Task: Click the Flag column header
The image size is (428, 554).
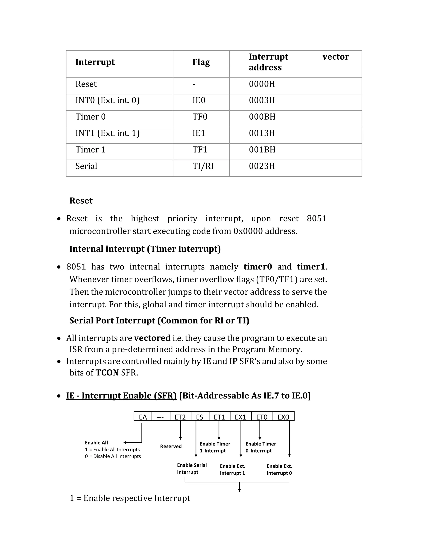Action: [201, 62]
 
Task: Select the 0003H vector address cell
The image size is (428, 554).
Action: [262, 100]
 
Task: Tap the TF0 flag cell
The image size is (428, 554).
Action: [200, 117]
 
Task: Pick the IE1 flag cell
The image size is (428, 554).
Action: [199, 133]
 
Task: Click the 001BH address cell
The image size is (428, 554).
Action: [262, 150]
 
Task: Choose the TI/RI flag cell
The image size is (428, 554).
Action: [203, 166]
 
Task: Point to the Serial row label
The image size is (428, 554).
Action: [86, 166]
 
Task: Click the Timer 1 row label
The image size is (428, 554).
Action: [90, 150]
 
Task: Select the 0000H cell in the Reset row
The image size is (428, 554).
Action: [262, 84]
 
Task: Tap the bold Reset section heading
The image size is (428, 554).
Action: [81, 201]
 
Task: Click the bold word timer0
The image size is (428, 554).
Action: [258, 267]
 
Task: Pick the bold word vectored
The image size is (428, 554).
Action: [152, 338]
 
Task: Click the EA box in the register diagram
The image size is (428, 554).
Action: [143, 417]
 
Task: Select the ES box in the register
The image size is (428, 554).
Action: [200, 417]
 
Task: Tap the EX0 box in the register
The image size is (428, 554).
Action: [283, 417]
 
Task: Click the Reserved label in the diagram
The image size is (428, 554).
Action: [171, 447]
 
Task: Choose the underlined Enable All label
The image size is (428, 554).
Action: [96, 443]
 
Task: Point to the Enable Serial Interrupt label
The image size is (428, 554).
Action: [192, 468]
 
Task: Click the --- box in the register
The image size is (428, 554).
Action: [160, 417]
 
